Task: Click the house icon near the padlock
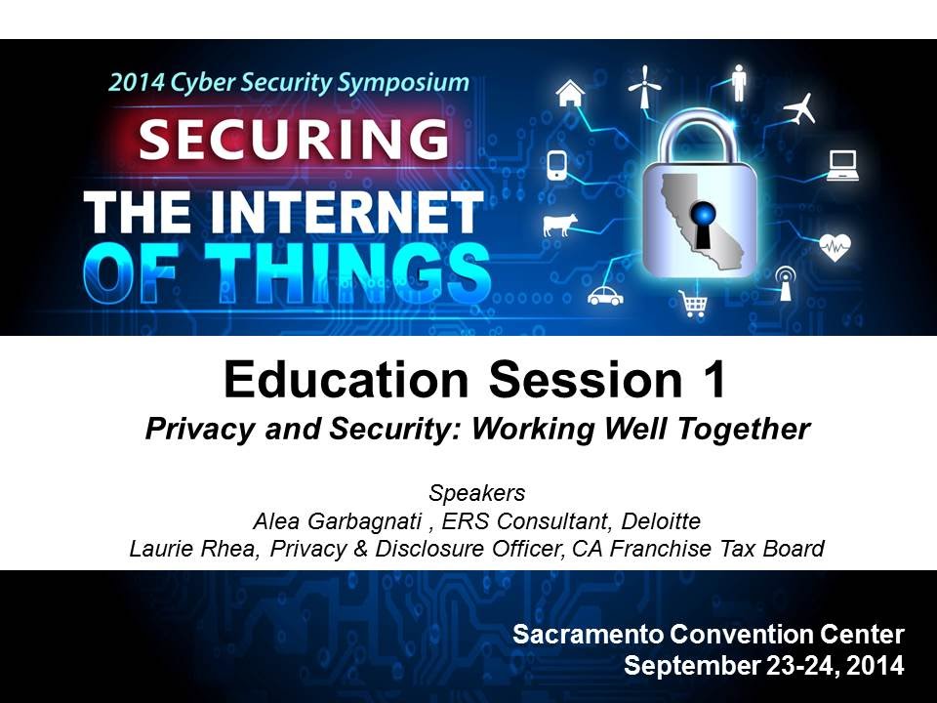pyautogui.click(x=571, y=93)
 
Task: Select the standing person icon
pyautogui.click(x=739, y=80)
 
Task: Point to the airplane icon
pyautogui.click(x=799, y=107)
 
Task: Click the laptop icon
pyautogui.click(x=842, y=166)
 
